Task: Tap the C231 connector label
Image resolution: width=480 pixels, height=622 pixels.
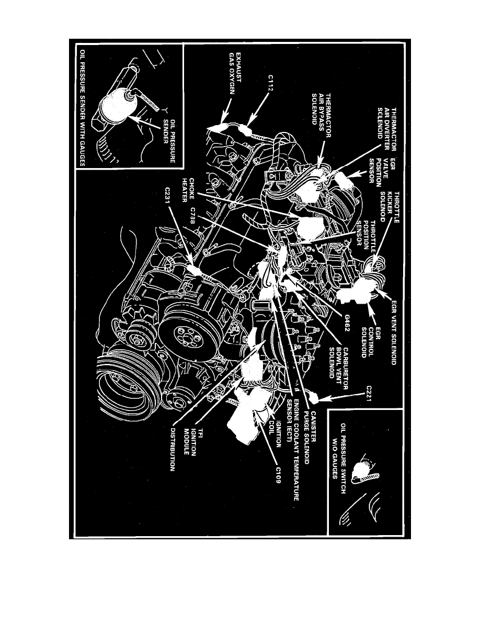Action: tap(168, 199)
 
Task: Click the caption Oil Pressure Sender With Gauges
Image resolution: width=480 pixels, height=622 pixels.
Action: tap(82, 108)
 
